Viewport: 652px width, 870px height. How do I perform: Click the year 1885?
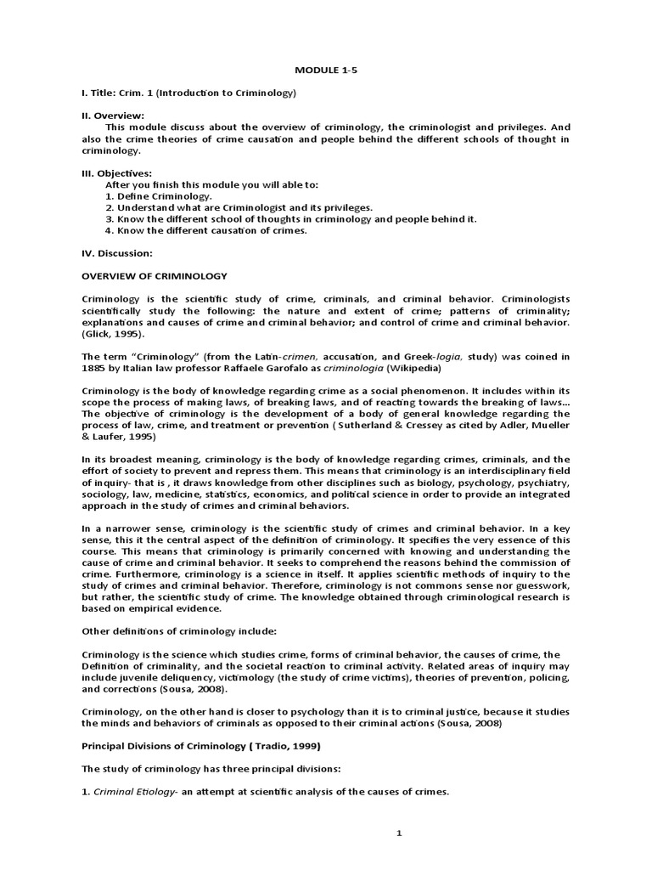coord(94,368)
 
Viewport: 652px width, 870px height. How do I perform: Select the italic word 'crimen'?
coord(279,357)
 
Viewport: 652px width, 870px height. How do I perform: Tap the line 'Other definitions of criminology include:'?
coord(186,631)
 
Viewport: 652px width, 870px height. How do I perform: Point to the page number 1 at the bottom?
coord(398,834)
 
